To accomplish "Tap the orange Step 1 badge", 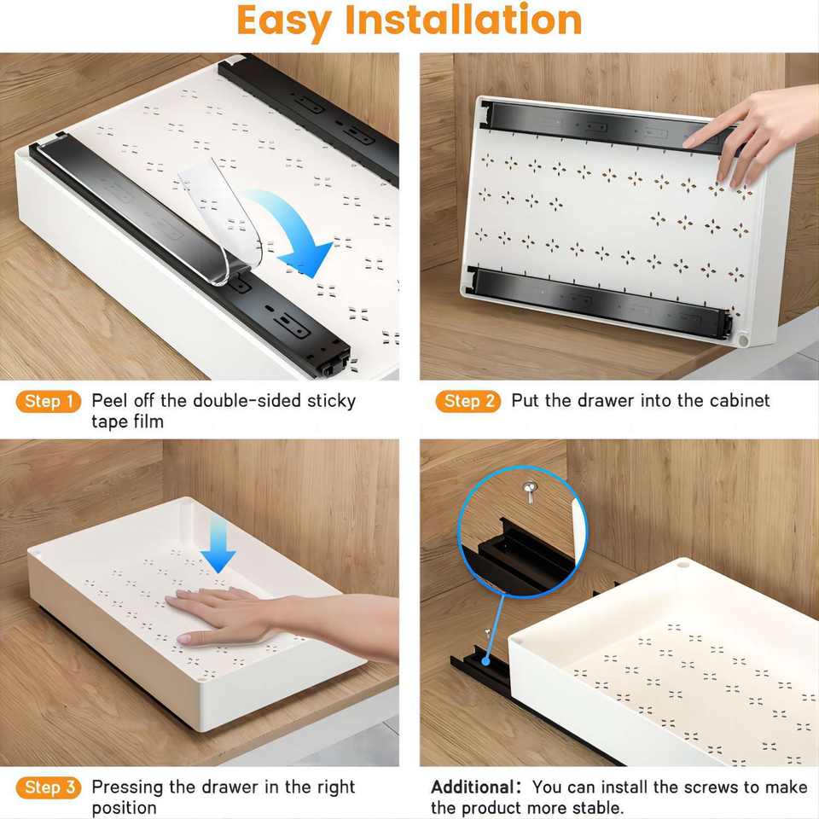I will [x=49, y=402].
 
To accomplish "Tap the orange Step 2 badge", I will [x=468, y=402].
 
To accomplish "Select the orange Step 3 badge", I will [x=49, y=787].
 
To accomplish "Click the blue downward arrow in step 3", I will [x=218, y=548].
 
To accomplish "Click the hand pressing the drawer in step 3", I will [x=230, y=614].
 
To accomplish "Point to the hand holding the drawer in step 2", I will [x=751, y=132].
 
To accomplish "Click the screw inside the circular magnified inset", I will [x=529, y=491].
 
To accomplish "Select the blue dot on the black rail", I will [x=486, y=660].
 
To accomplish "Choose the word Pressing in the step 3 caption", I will [x=129, y=787].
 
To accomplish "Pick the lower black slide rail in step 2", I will [x=597, y=299].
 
